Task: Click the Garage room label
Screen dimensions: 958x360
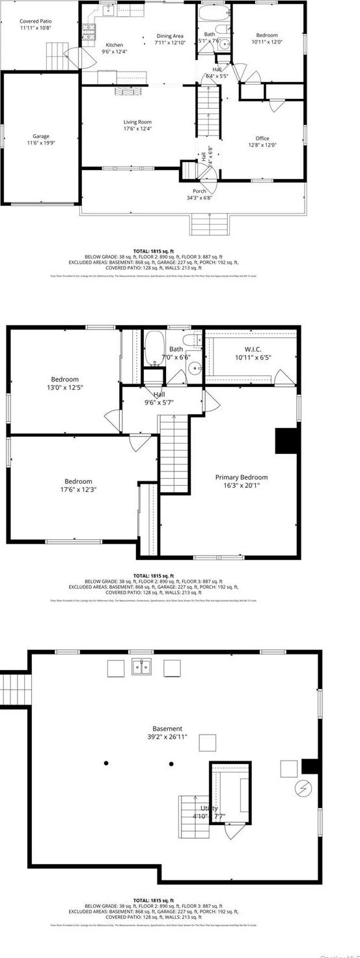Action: click(x=41, y=135)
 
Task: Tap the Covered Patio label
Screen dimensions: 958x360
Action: click(x=35, y=21)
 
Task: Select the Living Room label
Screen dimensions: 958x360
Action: click(x=137, y=122)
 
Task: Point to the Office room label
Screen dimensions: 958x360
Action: click(x=262, y=138)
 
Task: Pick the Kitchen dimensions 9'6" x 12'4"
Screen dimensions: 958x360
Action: click(x=114, y=51)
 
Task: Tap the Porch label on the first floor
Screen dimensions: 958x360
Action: click(x=199, y=191)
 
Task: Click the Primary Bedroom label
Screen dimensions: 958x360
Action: click(x=241, y=477)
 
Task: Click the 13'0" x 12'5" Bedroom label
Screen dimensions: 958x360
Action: click(x=64, y=380)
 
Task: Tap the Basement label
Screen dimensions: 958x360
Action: click(x=167, y=729)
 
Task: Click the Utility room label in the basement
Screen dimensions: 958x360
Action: click(x=208, y=808)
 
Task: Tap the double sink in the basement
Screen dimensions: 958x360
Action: click(x=141, y=667)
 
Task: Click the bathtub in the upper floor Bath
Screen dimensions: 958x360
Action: click(x=154, y=348)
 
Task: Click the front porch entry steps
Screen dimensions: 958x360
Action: click(x=210, y=223)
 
